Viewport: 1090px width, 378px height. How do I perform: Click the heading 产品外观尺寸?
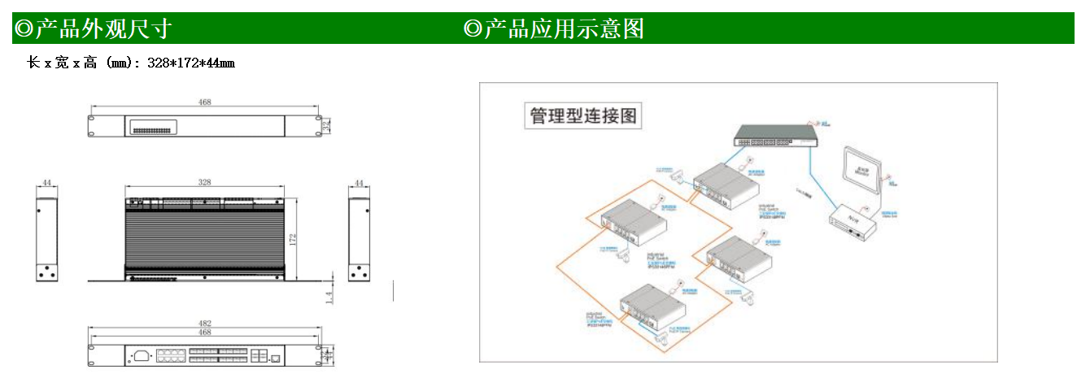tap(94, 29)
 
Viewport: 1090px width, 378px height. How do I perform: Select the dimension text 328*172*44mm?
tap(191, 63)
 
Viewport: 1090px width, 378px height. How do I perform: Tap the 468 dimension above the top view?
tap(204, 102)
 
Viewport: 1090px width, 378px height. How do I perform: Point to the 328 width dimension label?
tap(204, 183)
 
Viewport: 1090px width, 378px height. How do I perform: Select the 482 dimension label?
tap(204, 324)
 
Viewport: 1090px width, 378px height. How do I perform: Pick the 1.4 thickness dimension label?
tap(329, 298)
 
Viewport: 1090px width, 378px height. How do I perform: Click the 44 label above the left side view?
tap(47, 184)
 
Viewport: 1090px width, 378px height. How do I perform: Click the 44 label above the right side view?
tap(359, 184)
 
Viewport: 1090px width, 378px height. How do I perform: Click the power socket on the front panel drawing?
tap(142, 355)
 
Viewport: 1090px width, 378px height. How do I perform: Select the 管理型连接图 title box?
tap(582, 116)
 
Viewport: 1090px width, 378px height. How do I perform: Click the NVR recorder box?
tap(854, 220)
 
